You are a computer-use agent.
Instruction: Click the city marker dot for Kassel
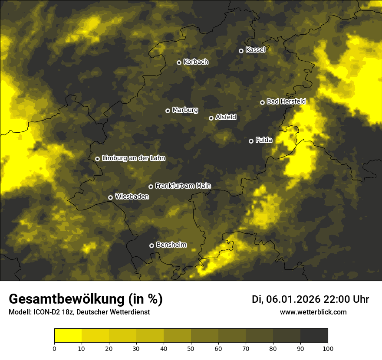coord(241,51)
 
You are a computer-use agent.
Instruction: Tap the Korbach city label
coord(196,62)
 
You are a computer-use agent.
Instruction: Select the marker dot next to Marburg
coord(168,111)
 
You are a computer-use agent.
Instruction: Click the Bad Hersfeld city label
coord(286,101)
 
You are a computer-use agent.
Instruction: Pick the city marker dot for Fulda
coord(251,141)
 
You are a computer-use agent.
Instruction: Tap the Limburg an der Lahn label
coord(133,158)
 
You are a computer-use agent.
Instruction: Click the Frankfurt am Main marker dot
coord(151,187)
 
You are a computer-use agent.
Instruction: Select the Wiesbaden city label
coord(132,196)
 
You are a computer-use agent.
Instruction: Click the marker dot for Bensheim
coord(151,245)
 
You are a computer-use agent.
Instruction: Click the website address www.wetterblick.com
coord(313,312)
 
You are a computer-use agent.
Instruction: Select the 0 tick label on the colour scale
coord(54,348)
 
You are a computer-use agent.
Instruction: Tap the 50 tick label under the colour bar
coord(191,348)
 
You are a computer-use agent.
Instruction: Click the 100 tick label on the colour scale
coord(328,348)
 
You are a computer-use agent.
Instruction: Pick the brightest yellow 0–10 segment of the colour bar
coord(68,336)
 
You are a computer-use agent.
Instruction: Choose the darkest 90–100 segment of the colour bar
coord(314,336)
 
